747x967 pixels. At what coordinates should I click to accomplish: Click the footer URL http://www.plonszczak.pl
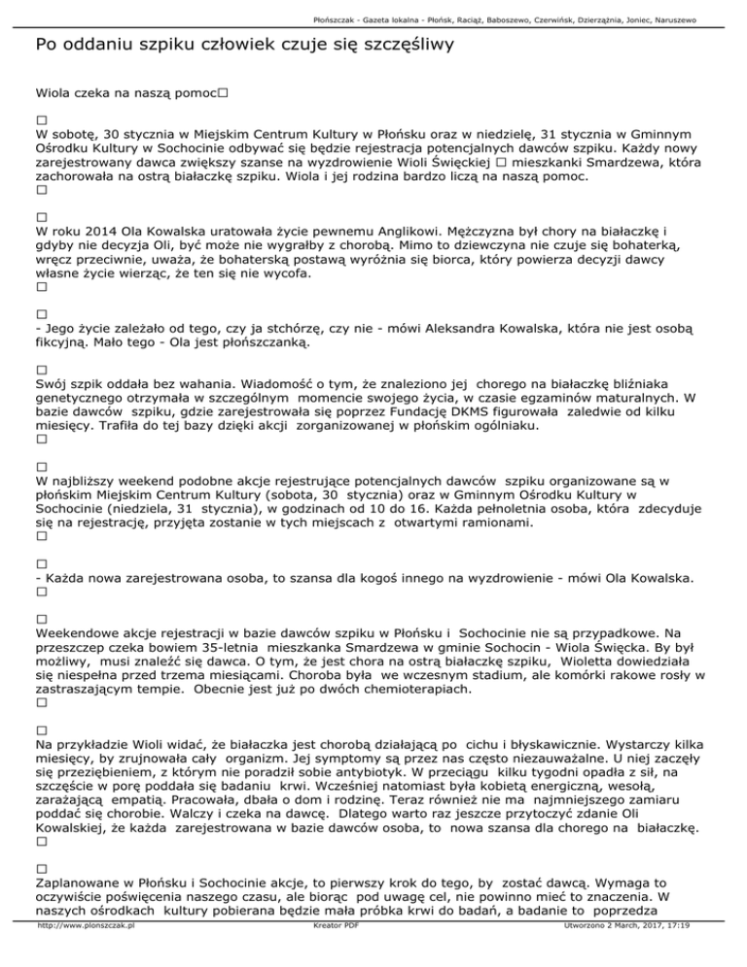coord(83,955)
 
